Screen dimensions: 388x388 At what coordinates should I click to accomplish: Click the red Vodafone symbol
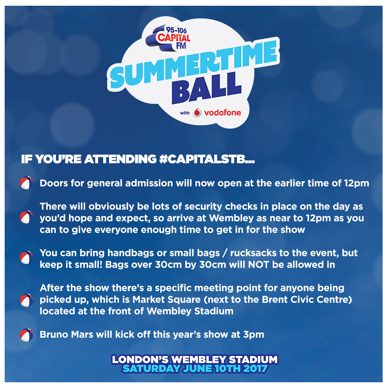197,113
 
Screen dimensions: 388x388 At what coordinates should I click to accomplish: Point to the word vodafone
222,113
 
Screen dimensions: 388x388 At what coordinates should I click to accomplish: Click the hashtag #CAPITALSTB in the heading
207,159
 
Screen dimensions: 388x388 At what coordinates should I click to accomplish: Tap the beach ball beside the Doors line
27,183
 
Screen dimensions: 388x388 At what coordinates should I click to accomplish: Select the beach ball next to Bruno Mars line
27,335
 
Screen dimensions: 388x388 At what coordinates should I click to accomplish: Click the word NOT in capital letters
258,265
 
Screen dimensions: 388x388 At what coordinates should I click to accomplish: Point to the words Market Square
167,300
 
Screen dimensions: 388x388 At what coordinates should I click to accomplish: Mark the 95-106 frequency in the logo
176,30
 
